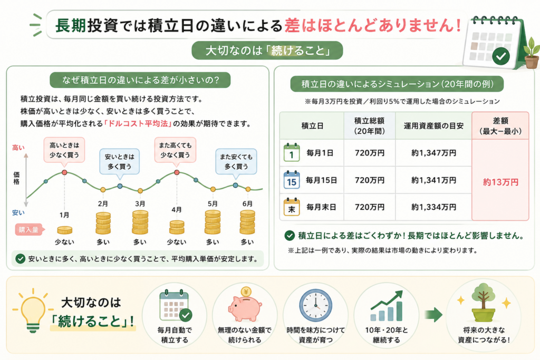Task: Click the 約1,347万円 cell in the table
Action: [x=433, y=153]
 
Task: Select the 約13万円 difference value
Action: [x=500, y=182]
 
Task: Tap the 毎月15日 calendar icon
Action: [x=291, y=180]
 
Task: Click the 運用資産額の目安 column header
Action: [x=433, y=126]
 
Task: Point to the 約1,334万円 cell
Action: [x=433, y=207]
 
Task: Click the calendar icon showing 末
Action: [x=291, y=207]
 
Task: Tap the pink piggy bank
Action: [x=245, y=306]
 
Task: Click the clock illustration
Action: [x=315, y=306]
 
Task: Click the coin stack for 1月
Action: [x=65, y=230]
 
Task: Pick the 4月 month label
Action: [x=177, y=210]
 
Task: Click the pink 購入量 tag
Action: [x=30, y=230]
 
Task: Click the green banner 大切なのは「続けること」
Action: [x=267, y=51]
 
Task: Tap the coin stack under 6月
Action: [x=248, y=222]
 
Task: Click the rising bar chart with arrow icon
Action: [x=387, y=306]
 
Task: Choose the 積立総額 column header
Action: [x=369, y=125]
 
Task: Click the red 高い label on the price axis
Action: [x=18, y=148]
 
